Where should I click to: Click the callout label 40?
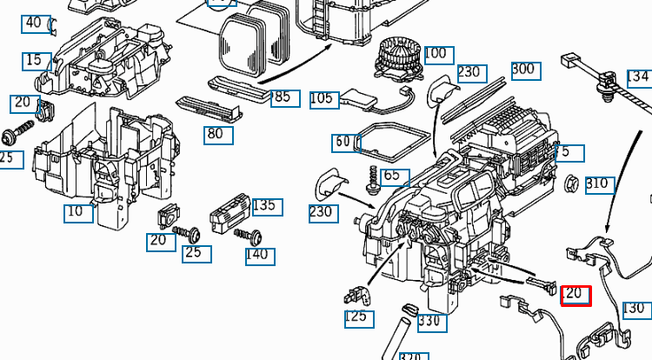click(34, 23)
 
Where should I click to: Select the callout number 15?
click(34, 61)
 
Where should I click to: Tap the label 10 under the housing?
click(78, 212)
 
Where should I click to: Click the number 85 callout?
click(283, 97)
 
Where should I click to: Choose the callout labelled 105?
click(323, 99)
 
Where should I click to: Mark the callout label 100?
click(436, 54)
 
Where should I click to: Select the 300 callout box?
click(524, 70)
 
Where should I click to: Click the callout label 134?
click(638, 77)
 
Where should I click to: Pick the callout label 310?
click(598, 184)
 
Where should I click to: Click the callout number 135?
click(264, 206)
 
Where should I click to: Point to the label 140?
click(258, 256)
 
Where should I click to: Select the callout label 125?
click(357, 317)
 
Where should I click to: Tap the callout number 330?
click(431, 322)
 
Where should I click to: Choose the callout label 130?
click(635, 309)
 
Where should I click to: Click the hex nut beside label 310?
click(572, 183)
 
